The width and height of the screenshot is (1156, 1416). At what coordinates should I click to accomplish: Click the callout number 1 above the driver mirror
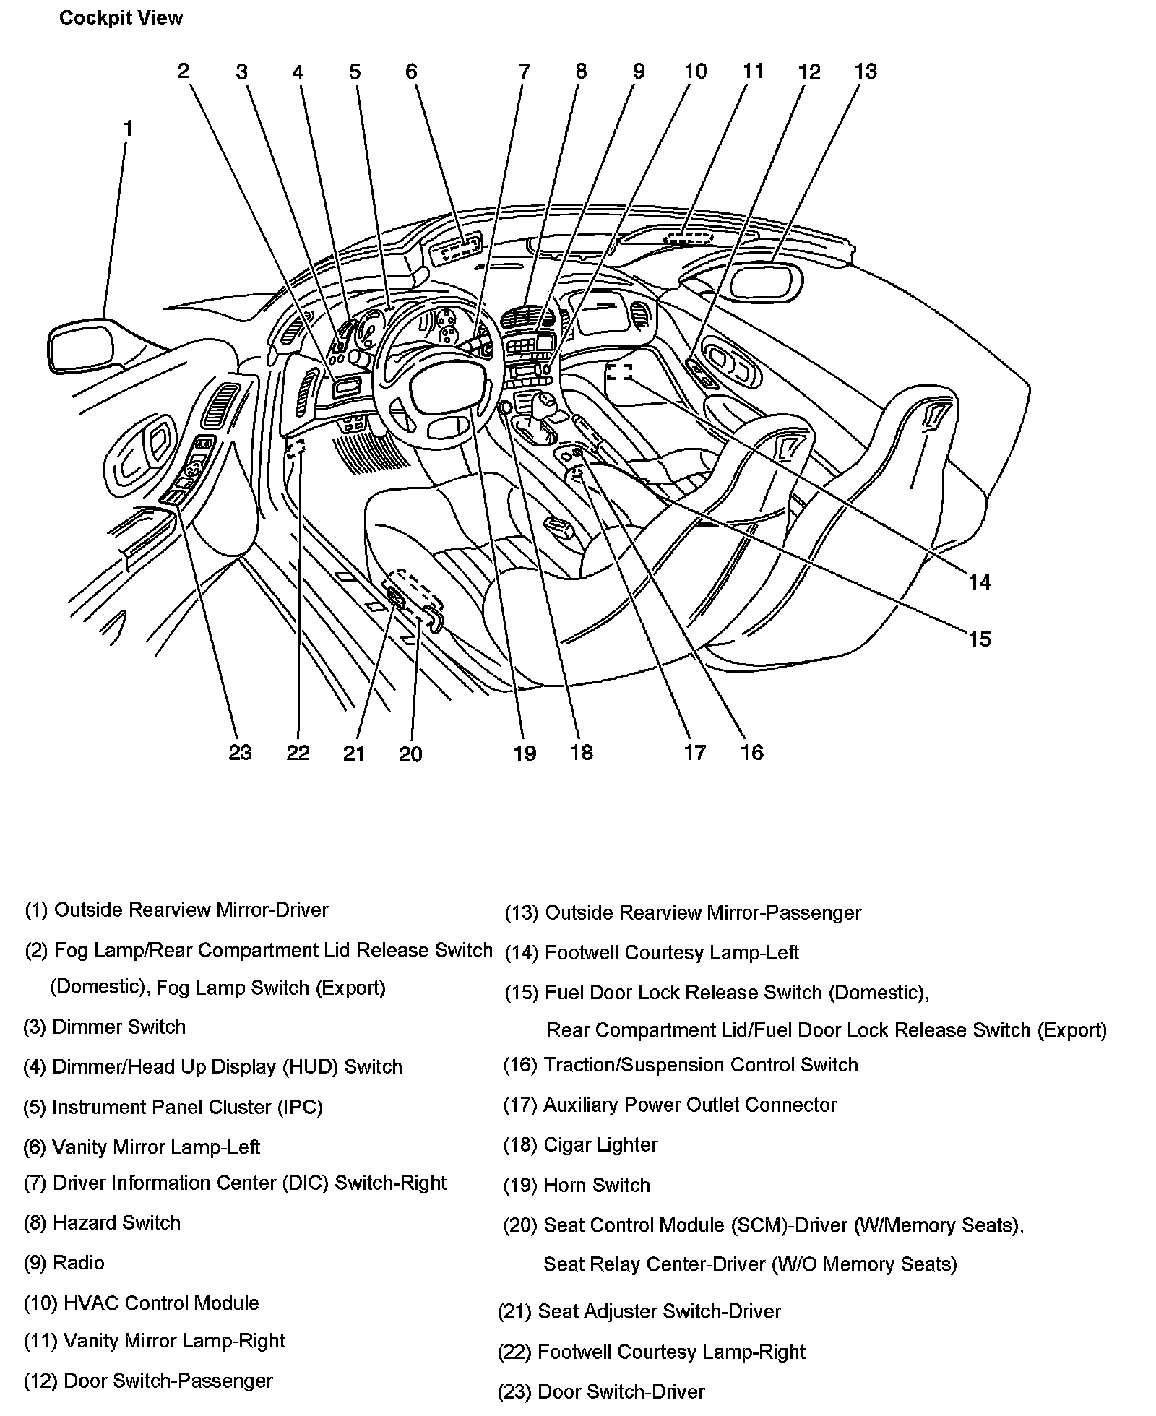coord(128,129)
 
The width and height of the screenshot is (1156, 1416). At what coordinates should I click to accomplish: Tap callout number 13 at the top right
coord(865,72)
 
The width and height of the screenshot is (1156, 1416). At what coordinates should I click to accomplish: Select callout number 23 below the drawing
coord(240,752)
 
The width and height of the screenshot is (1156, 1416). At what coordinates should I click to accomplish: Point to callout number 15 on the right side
coord(979,639)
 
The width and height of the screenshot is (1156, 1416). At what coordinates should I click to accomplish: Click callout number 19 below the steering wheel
coord(525,753)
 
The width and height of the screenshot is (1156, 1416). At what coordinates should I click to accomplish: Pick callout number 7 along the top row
coord(524,72)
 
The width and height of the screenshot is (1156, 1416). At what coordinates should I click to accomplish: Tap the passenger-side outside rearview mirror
coord(766,282)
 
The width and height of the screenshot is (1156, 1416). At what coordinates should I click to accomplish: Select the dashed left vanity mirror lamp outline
coord(457,250)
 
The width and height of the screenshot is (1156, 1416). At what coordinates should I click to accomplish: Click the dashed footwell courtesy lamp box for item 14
coord(618,372)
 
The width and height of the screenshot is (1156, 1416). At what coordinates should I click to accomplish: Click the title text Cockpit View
coord(121,18)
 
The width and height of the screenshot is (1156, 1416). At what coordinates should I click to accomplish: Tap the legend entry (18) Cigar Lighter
coord(580,1144)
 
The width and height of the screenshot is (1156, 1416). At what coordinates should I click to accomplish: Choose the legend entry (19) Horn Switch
coord(576,1185)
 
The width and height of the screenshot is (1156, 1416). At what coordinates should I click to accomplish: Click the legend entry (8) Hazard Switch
coord(102,1222)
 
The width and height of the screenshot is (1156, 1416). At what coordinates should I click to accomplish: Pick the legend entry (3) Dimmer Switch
coord(105,1027)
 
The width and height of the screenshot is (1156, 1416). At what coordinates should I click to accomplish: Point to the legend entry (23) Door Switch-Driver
coord(600,1391)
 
